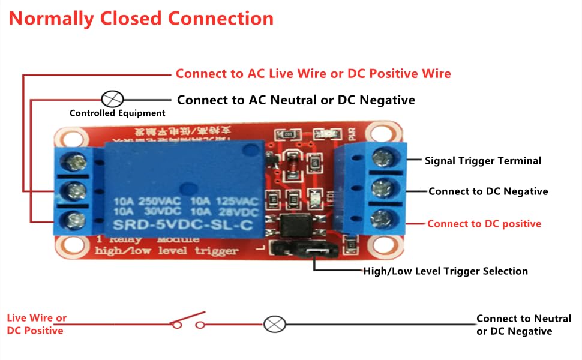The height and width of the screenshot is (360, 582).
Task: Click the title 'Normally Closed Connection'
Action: click(x=141, y=19)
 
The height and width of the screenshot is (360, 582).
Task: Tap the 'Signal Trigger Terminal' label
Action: click(x=483, y=161)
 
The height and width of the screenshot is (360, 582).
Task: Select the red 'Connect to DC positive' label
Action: click(x=484, y=224)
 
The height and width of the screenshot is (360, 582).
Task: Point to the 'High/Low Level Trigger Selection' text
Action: click(x=445, y=271)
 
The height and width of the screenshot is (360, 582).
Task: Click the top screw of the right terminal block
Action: click(x=381, y=158)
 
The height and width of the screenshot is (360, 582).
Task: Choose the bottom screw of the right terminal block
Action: click(x=381, y=217)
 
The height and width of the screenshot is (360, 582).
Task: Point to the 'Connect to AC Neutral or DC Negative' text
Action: click(x=296, y=100)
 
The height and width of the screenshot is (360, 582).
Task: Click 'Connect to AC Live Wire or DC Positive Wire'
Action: click(x=313, y=74)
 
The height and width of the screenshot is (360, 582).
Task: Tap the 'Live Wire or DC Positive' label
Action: click(x=37, y=324)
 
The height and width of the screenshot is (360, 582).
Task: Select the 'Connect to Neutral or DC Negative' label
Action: click(x=523, y=325)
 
